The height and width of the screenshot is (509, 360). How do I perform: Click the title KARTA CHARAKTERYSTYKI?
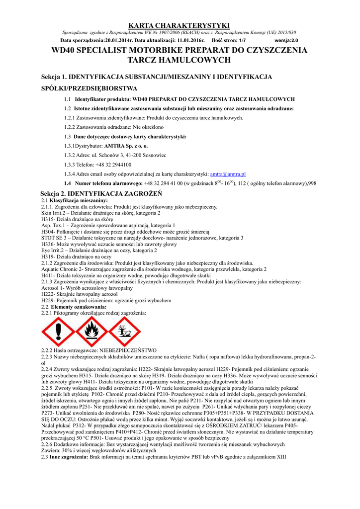click(180, 25)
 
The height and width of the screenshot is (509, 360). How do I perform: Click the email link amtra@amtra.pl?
click(228, 174)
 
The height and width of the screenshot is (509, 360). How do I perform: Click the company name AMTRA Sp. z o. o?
click(126, 146)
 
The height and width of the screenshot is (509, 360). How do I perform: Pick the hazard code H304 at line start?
click(48, 232)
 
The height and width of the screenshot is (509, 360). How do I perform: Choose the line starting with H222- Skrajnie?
click(82, 294)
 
